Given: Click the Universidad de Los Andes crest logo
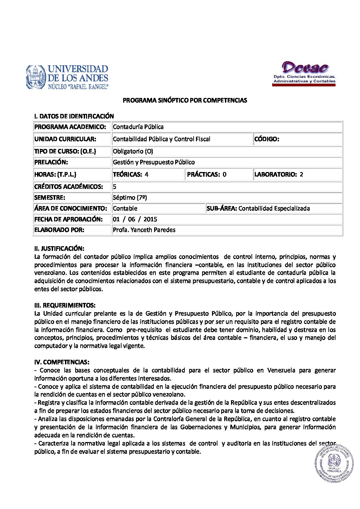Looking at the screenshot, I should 36,78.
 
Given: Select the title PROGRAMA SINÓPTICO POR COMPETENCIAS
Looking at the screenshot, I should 185,100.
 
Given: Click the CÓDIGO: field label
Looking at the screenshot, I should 267,139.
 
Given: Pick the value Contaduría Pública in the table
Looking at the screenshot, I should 138,127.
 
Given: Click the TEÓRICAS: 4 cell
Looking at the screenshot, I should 131,174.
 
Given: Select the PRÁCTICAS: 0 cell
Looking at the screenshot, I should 207,174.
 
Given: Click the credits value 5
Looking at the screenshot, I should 115,187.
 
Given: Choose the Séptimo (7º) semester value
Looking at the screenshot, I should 130,198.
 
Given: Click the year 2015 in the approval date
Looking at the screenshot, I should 150,219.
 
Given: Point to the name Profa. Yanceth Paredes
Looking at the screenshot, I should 144,230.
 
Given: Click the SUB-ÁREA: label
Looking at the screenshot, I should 222,208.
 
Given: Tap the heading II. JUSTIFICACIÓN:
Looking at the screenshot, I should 59,249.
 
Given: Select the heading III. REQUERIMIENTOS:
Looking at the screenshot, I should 65,305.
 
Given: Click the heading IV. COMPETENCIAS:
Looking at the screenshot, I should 62,362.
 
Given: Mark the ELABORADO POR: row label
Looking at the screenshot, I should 59,230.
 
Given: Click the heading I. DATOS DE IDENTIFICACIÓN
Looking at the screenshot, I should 74,116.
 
